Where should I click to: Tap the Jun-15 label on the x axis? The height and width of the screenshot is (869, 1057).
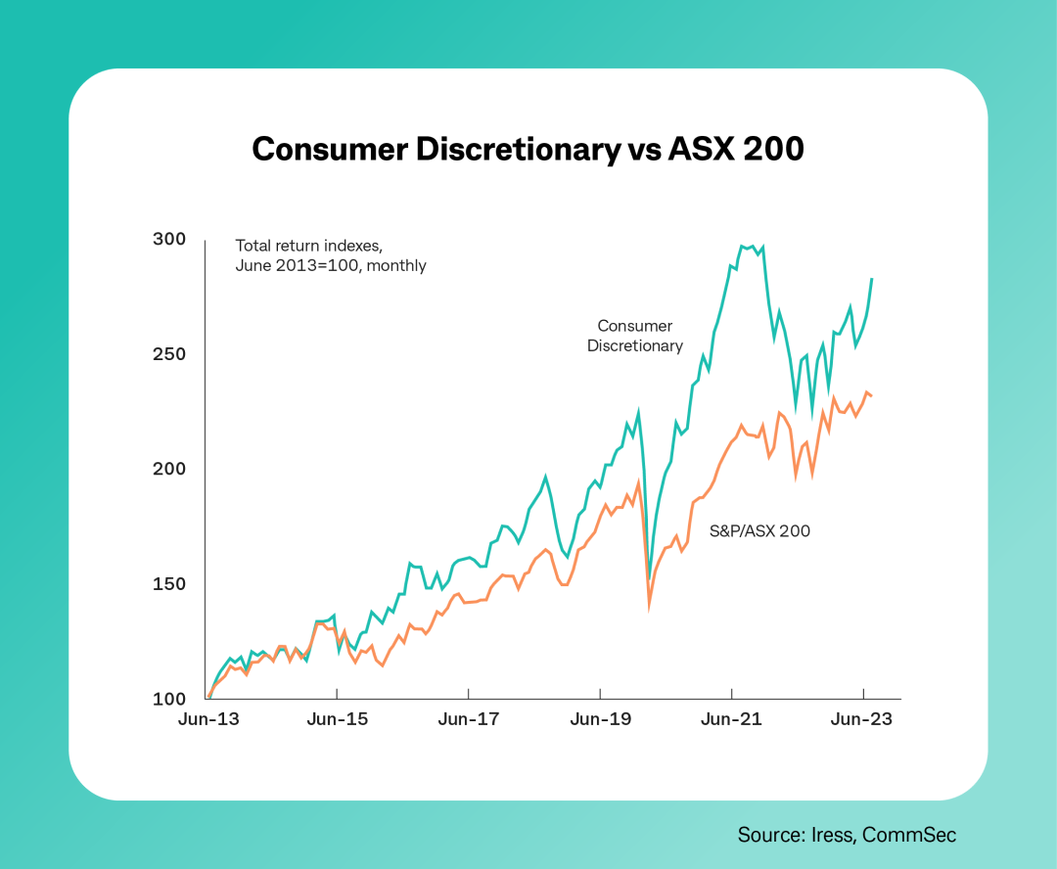click(337, 719)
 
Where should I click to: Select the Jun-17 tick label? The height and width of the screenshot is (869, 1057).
click(469, 719)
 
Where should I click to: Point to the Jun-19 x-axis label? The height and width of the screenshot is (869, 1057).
click(600, 719)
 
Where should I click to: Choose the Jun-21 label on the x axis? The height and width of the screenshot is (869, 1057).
click(731, 719)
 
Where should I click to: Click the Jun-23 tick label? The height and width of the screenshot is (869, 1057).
click(862, 719)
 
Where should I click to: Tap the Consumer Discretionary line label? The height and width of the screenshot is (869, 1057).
click(635, 336)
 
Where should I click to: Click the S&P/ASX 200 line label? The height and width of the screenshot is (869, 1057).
click(759, 531)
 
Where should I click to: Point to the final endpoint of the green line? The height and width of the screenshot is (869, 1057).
click(872, 279)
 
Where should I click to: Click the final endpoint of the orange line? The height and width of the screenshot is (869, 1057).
click(872, 395)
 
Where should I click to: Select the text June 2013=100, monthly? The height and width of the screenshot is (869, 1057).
click(331, 265)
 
